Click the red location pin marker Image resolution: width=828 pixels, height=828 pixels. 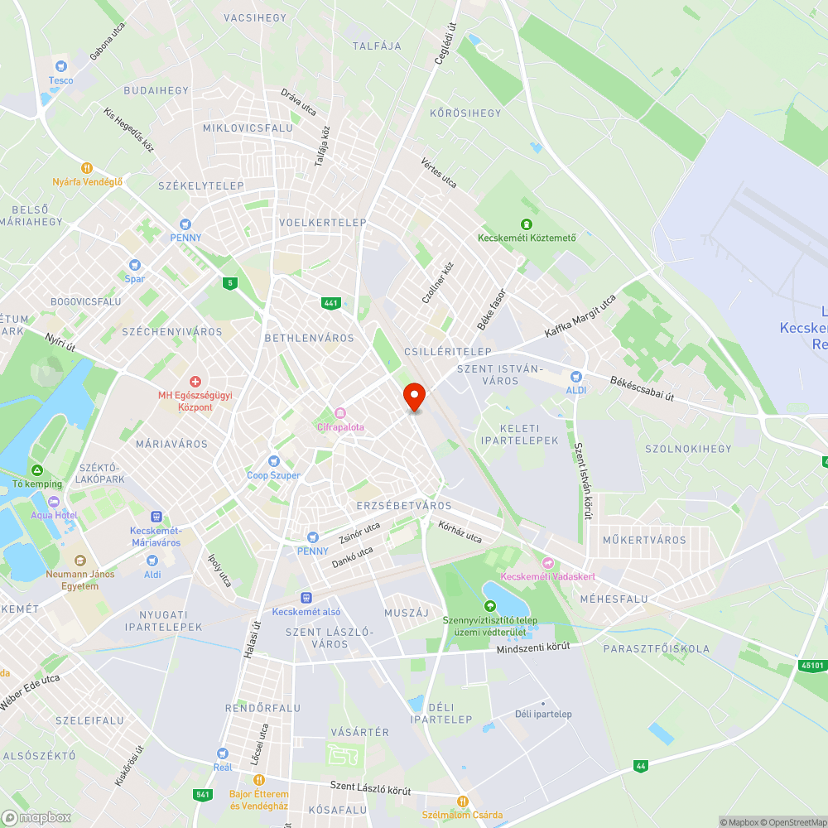[414, 397]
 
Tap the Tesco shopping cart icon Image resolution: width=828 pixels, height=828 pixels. [60, 66]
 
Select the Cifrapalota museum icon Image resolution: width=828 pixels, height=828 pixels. [339, 413]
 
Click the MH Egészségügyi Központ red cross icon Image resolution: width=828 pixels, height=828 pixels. [195, 382]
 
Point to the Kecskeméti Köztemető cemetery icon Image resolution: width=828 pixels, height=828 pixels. [526, 224]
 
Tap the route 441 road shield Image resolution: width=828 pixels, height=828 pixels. [331, 303]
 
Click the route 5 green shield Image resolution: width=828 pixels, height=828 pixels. [229, 283]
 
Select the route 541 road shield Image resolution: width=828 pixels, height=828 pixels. [203, 795]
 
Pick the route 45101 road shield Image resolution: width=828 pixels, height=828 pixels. [814, 664]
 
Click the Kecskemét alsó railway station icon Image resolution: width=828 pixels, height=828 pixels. [306, 597]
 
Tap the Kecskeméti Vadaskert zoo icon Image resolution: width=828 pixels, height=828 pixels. [547, 562]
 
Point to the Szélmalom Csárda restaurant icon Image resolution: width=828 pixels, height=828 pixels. [463, 801]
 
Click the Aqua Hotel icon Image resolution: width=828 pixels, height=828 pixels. [55, 501]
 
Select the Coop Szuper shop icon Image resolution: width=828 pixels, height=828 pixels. [273, 461]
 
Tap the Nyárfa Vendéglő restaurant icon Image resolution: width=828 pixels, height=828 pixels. [87, 167]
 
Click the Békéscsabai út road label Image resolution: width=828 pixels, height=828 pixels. [642, 385]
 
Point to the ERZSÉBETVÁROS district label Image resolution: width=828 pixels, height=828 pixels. [404, 505]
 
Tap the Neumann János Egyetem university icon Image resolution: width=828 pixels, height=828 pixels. [80, 561]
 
